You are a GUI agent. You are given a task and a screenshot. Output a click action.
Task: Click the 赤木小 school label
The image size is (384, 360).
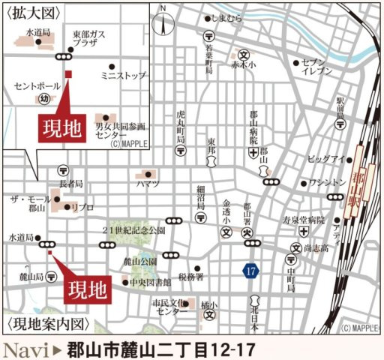click(244, 64)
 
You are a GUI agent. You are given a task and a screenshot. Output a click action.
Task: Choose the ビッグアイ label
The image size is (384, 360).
click(325, 158)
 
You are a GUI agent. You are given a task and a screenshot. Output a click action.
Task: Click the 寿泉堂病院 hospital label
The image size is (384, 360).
click(304, 220)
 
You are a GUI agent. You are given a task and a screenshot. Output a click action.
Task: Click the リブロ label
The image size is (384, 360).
click(82, 206)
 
